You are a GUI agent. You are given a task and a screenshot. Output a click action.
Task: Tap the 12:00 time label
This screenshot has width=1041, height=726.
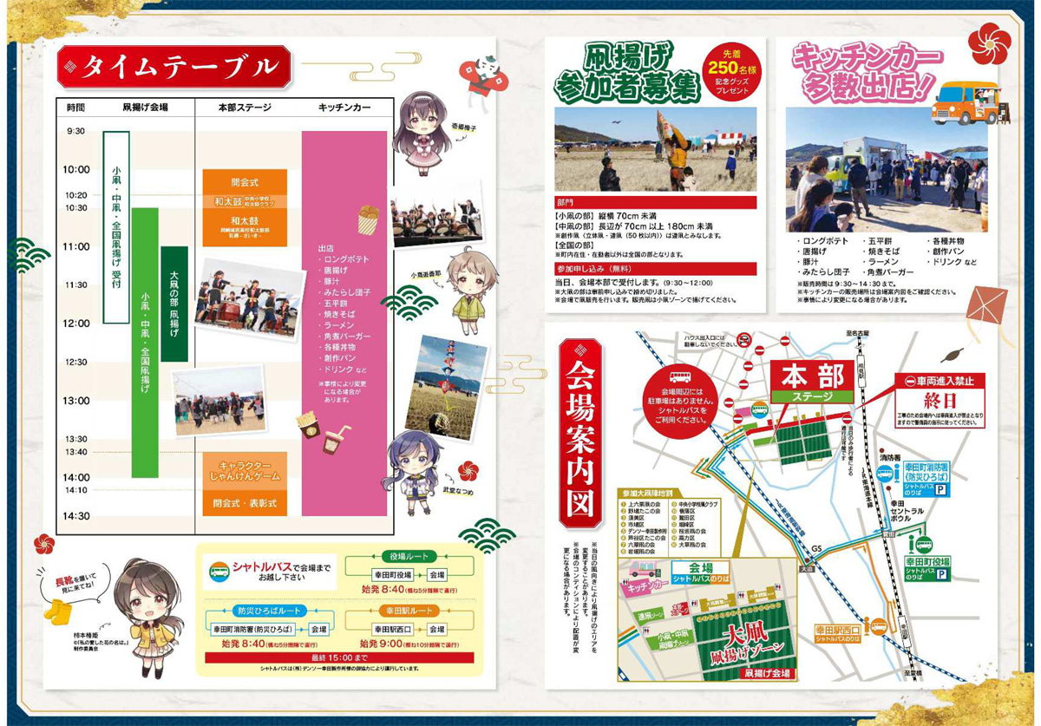76,324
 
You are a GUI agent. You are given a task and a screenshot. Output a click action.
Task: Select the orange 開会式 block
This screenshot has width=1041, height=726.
244,183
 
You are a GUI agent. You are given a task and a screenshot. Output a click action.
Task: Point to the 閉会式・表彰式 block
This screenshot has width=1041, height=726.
244,503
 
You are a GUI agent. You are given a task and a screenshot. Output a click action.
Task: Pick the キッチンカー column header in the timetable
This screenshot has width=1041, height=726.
344,108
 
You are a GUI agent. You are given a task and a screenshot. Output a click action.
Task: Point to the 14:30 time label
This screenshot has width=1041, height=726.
76,516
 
